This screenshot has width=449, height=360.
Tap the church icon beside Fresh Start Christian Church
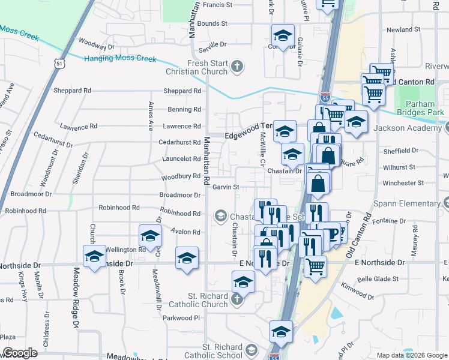pyautogui.click(x=238, y=65)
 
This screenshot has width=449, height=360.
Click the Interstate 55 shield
pyautogui.click(x=325, y=97)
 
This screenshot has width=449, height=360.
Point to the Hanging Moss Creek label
pyautogui.click(x=120, y=59)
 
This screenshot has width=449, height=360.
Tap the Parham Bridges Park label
pyautogui.click(x=424, y=107)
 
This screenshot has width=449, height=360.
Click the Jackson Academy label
pyautogui.click(x=411, y=128)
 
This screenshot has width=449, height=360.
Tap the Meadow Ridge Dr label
pyautogui.click(x=77, y=298)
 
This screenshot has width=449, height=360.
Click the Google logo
pyautogui.click(x=20, y=353)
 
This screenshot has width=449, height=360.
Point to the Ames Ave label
pyautogui.click(x=151, y=116)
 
